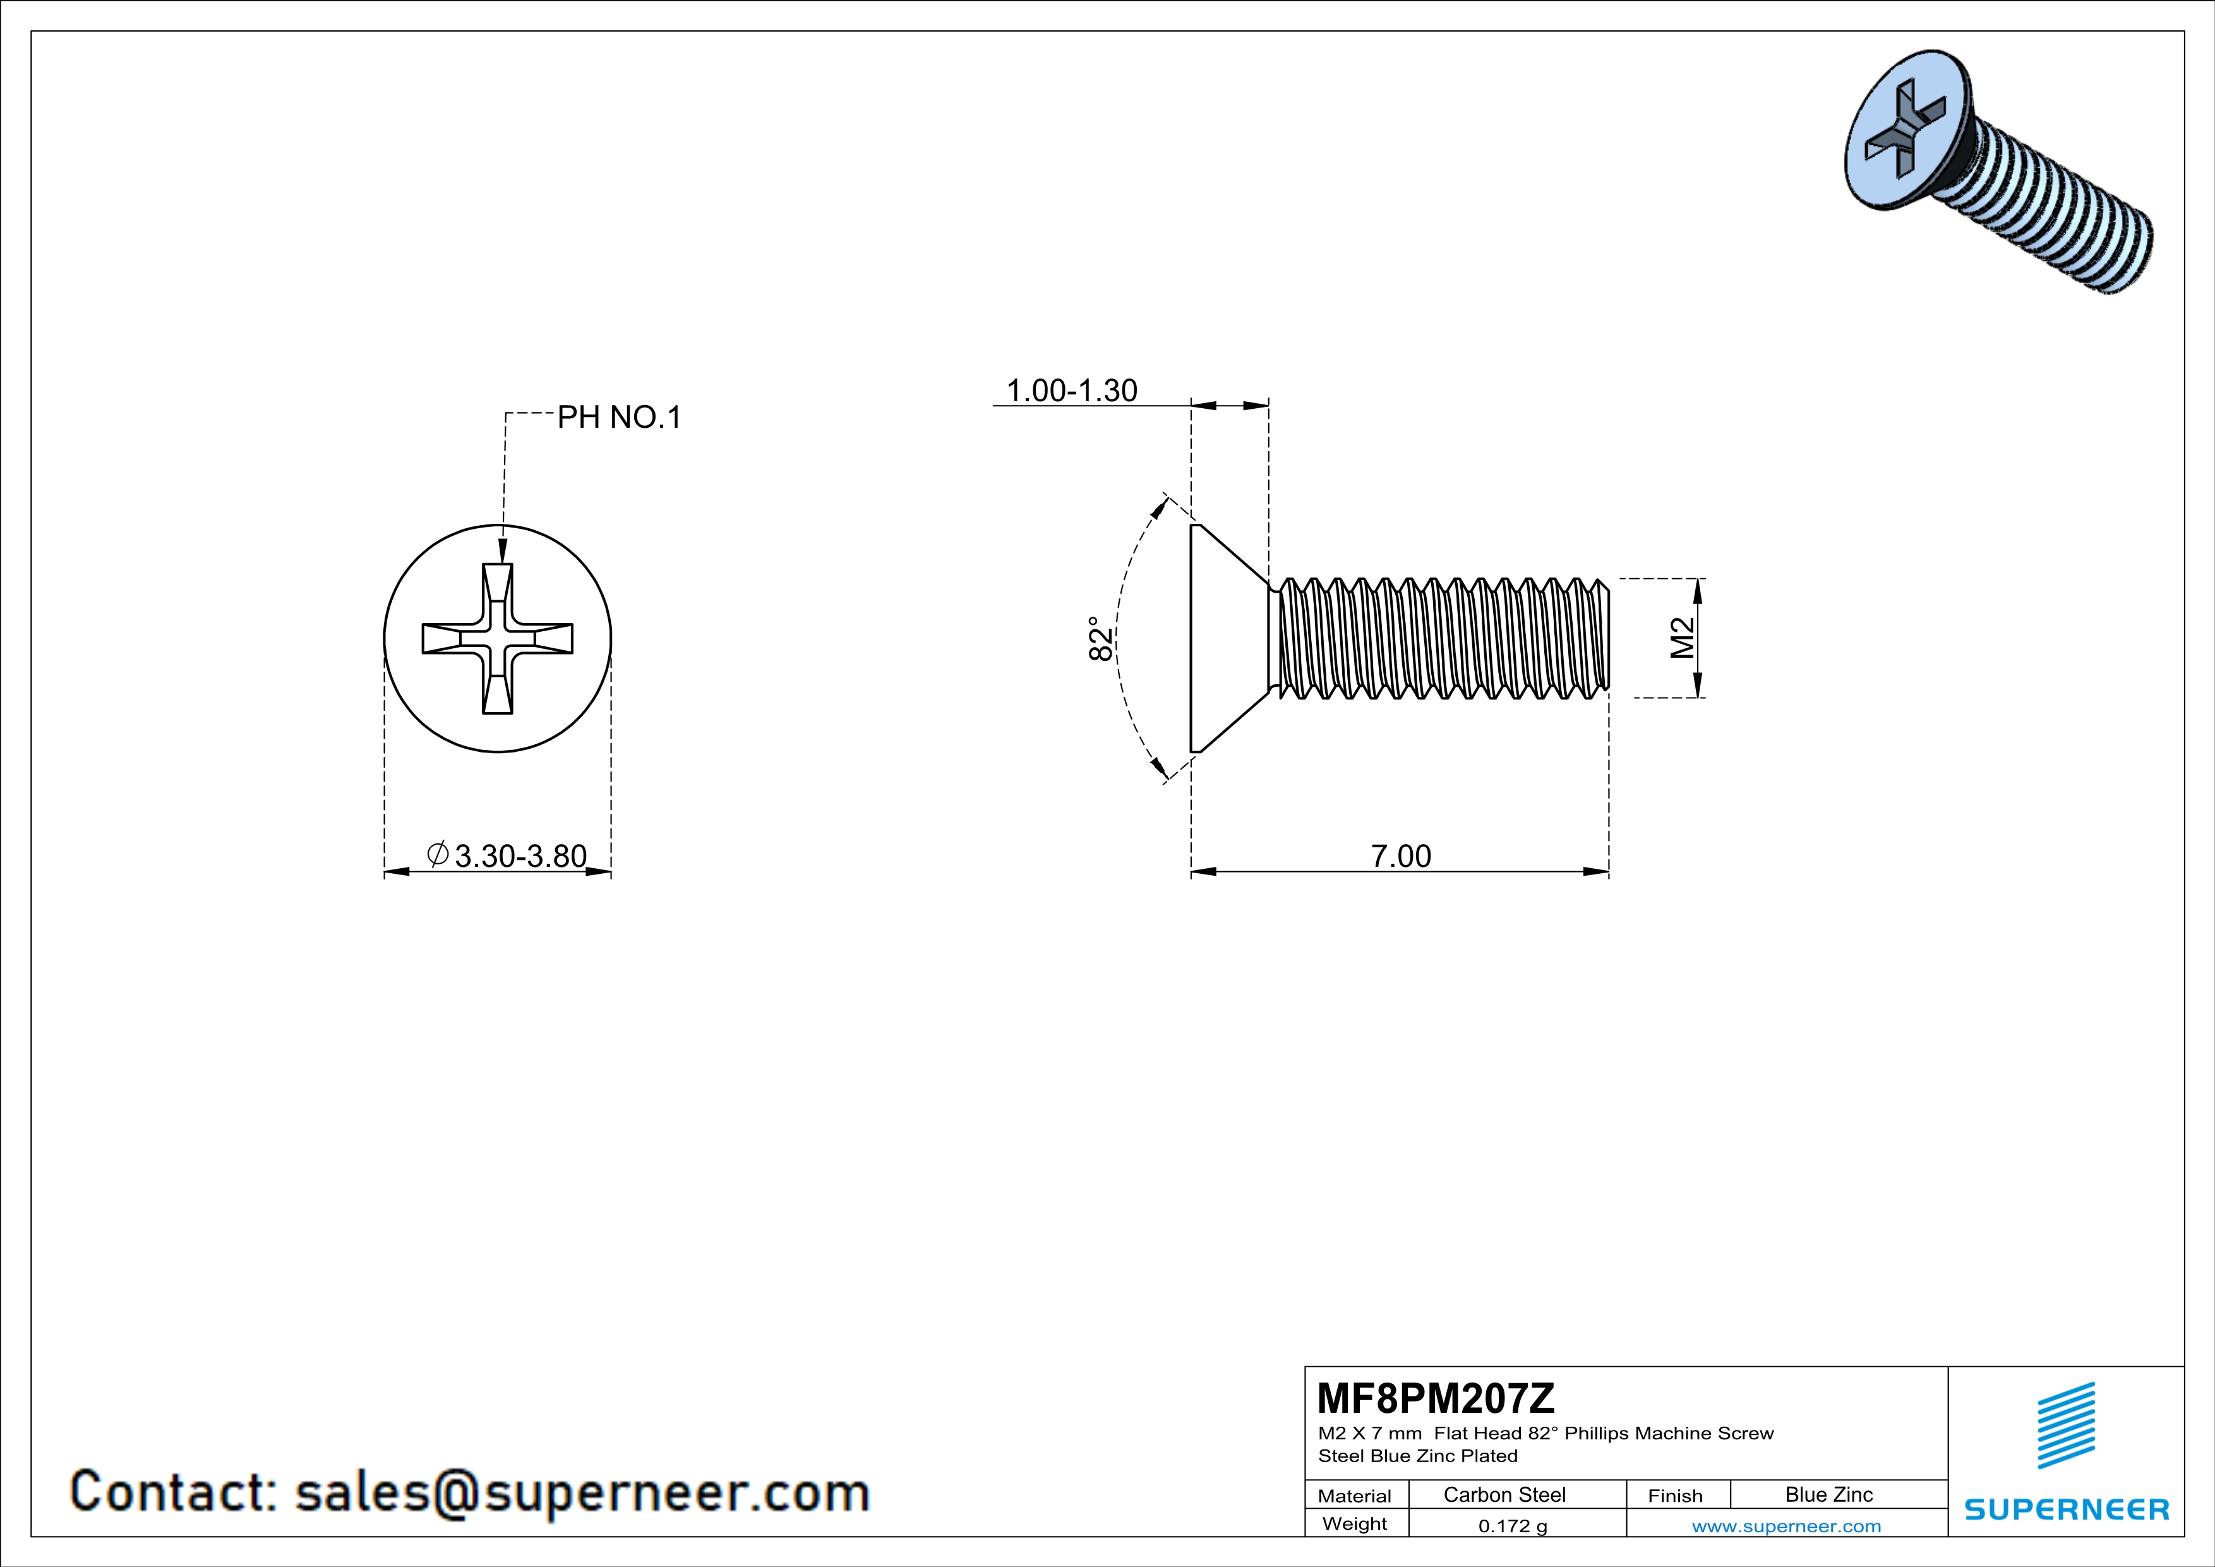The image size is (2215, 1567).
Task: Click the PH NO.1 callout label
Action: tap(620, 417)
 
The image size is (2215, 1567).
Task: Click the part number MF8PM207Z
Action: tap(1436, 1397)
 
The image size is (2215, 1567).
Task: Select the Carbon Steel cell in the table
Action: tap(1504, 1494)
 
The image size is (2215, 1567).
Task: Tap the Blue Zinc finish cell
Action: tap(1828, 1494)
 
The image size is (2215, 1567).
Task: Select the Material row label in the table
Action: tap(1355, 1496)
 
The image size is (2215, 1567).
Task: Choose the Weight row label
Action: tap(1355, 1523)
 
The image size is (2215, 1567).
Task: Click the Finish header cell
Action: tap(1675, 1496)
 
